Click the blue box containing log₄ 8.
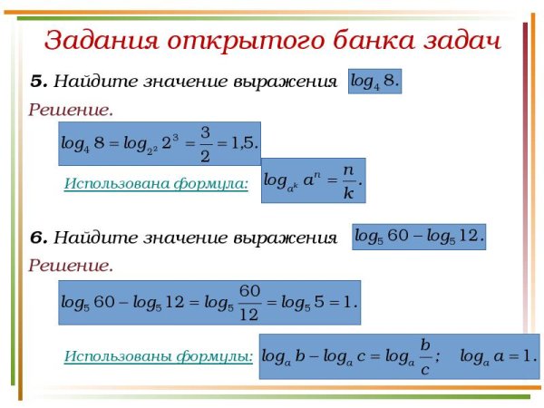pyautogui.click(x=374, y=81)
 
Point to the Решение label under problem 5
pyautogui.click(x=71, y=111)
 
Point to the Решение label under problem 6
pyautogui.click(x=71, y=266)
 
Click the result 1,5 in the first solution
pyautogui.click(x=243, y=143)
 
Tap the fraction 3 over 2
pyautogui.click(x=205, y=143)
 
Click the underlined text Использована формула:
pyautogui.click(x=156, y=184)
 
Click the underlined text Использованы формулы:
pyautogui.click(x=158, y=356)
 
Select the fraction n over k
pyautogui.click(x=348, y=180)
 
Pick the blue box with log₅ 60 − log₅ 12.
pyautogui.click(x=419, y=236)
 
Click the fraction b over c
pyautogui.click(x=424, y=356)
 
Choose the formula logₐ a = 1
pyautogui.click(x=498, y=356)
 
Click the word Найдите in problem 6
pyautogui.click(x=86, y=238)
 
